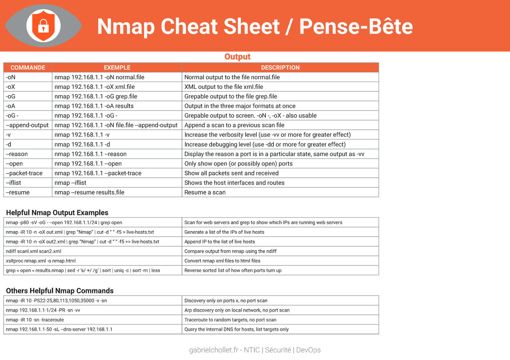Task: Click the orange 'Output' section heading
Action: click(237, 57)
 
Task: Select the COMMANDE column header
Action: click(28, 68)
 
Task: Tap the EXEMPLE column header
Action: click(117, 68)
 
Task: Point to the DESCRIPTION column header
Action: click(280, 68)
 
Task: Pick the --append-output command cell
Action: click(27, 125)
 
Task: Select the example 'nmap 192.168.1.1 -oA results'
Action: click(94, 106)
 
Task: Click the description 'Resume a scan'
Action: click(205, 193)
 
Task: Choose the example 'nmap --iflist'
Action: click(71, 183)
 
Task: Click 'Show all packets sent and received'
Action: click(231, 173)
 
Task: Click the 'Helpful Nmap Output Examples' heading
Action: click(57, 213)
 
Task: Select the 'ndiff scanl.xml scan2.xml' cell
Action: click(34, 251)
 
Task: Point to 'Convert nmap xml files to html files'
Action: click(222, 261)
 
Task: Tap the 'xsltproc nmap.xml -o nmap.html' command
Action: click(41, 261)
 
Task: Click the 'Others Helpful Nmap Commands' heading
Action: click(60, 291)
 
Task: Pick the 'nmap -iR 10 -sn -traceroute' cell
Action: click(35, 320)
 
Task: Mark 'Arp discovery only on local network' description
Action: click(237, 310)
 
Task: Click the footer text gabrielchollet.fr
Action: click(215, 350)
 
